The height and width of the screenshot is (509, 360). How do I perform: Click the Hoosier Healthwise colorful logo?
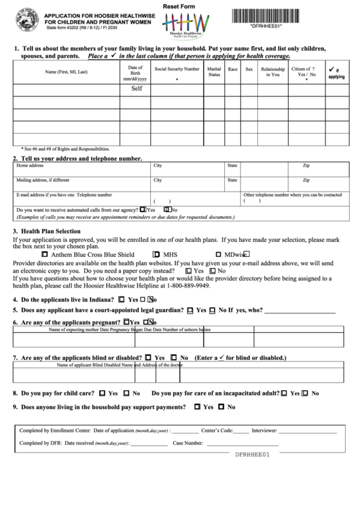179,27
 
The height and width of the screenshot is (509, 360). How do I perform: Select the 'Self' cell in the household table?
137,88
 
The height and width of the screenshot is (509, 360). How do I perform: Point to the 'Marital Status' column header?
214,71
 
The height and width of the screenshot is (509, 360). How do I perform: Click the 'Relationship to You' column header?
272,71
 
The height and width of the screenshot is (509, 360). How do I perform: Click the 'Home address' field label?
30,165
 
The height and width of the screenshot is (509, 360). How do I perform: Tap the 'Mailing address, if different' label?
43,180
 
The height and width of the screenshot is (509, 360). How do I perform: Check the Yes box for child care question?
103,393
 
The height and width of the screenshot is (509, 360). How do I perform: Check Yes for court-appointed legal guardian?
190,310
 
